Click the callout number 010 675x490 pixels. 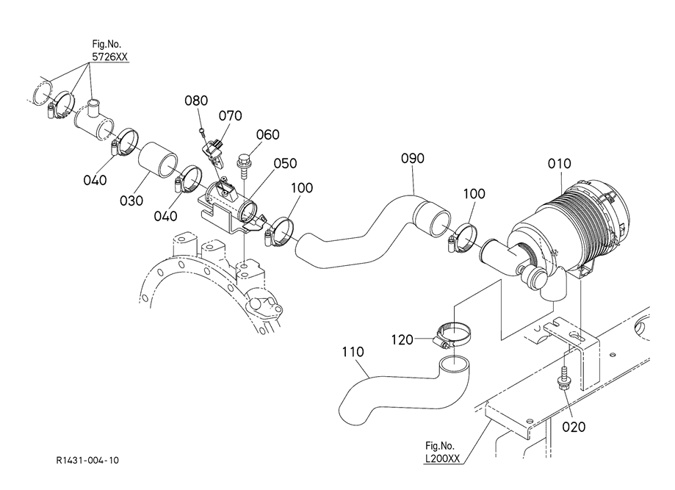click(559, 164)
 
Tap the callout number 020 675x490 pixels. click(574, 427)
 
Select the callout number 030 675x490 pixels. click(131, 201)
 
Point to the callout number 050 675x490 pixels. click(286, 164)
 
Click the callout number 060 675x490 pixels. click(268, 134)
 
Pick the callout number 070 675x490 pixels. click(231, 116)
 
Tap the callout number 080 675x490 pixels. click(196, 101)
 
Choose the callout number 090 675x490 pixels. click(412, 159)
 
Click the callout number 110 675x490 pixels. click(353, 352)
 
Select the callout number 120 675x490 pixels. click(402, 340)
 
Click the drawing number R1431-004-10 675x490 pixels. click(87, 461)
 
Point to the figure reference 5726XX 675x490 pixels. click(109, 57)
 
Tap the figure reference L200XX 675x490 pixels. click(443, 458)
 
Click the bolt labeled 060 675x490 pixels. click(243, 166)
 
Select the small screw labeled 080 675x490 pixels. click(202, 131)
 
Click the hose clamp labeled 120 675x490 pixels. click(452, 336)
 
